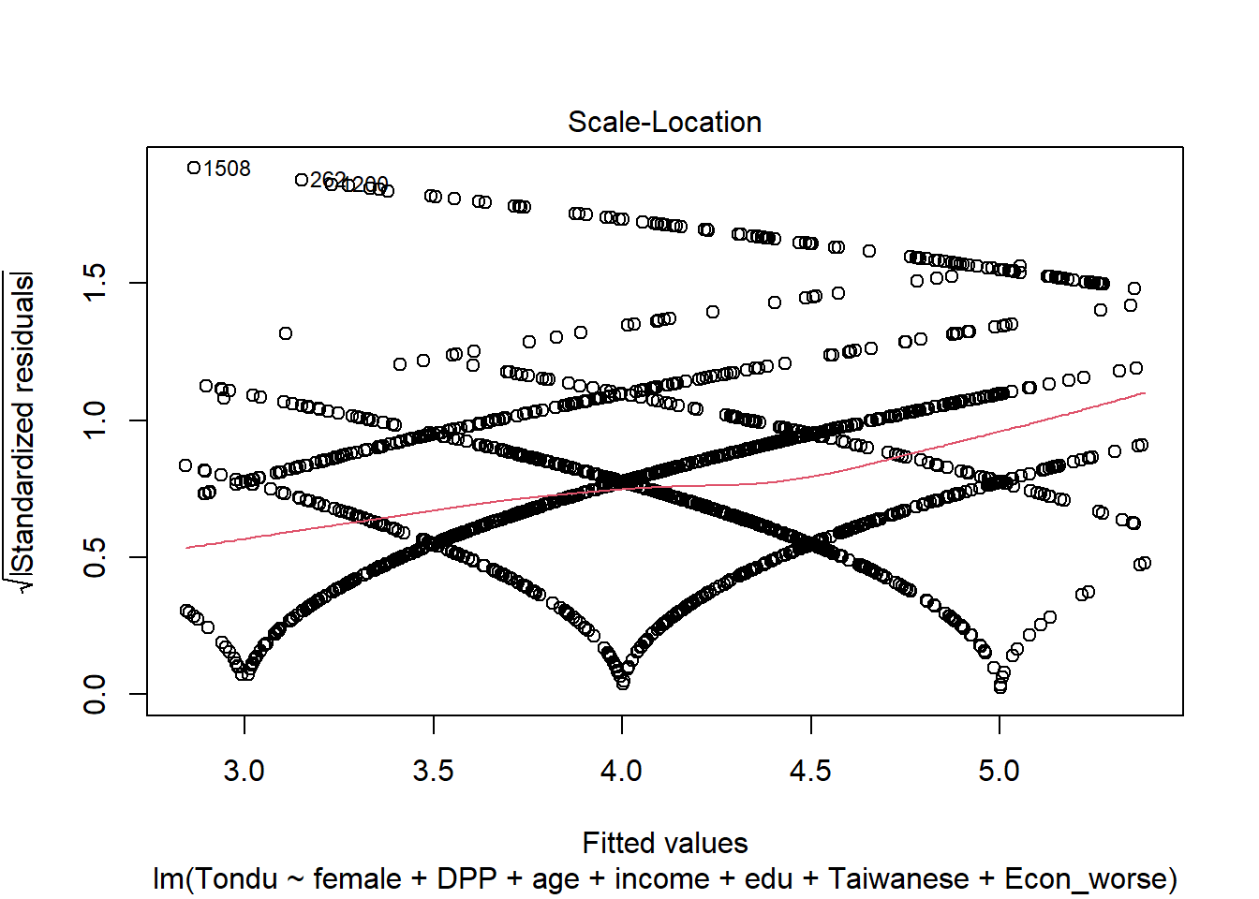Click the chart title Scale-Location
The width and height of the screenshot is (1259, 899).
[664, 123]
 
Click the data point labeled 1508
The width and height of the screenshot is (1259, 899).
[194, 169]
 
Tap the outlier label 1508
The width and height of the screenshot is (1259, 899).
[228, 169]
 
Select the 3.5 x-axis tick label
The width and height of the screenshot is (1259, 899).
[433, 771]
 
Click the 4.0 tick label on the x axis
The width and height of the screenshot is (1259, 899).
[621, 771]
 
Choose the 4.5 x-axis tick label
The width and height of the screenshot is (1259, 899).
[810, 771]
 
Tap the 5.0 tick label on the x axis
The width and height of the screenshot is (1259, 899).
[999, 771]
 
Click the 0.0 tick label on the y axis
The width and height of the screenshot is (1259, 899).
[95, 694]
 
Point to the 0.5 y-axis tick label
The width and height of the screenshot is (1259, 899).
[95, 557]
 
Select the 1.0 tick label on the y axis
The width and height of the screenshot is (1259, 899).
[95, 420]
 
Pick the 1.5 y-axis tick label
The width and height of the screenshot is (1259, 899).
[95, 283]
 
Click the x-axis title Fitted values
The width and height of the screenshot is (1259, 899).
[664, 843]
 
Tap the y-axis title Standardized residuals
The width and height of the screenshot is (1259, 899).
[22, 431]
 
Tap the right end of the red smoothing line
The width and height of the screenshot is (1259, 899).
[1144, 393]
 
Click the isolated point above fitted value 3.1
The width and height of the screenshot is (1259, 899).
[286, 333]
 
